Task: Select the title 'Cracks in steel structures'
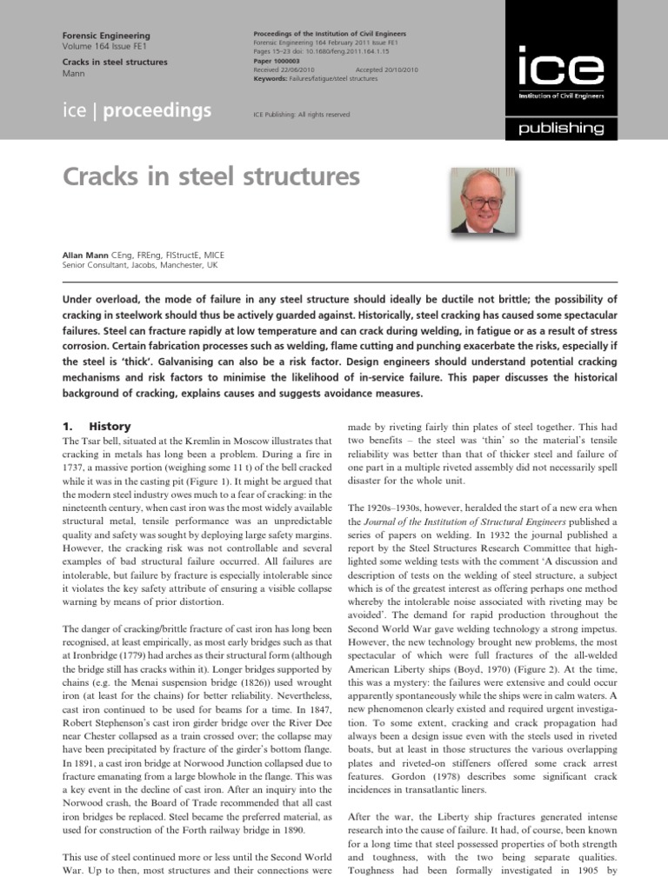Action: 211,177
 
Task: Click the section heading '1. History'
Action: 97,427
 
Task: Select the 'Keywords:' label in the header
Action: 271,78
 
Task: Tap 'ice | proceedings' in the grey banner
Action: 137,111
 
